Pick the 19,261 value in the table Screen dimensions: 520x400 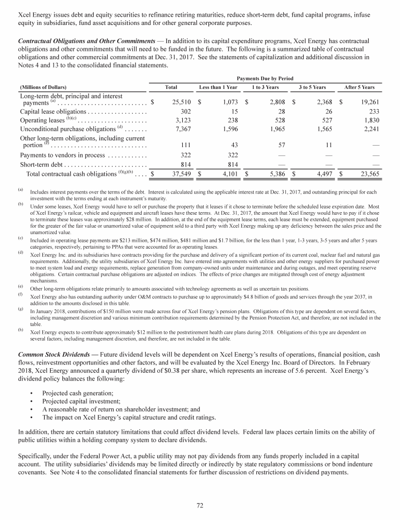pos(364,102)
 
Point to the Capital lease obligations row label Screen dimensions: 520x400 pos(53,111)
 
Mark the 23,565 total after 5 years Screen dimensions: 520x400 pos(364,174)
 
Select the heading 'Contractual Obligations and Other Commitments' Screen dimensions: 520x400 pos(86,41)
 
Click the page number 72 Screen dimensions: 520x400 pos(200,505)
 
